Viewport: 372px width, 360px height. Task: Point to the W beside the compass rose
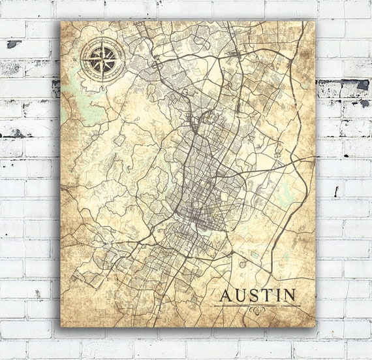click(x=76, y=59)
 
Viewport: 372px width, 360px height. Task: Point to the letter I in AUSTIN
click(x=278, y=295)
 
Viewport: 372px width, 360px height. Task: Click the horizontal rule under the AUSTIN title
click(x=258, y=306)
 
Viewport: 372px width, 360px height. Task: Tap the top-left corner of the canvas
click(x=62, y=20)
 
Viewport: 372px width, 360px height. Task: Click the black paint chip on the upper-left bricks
click(x=14, y=44)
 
